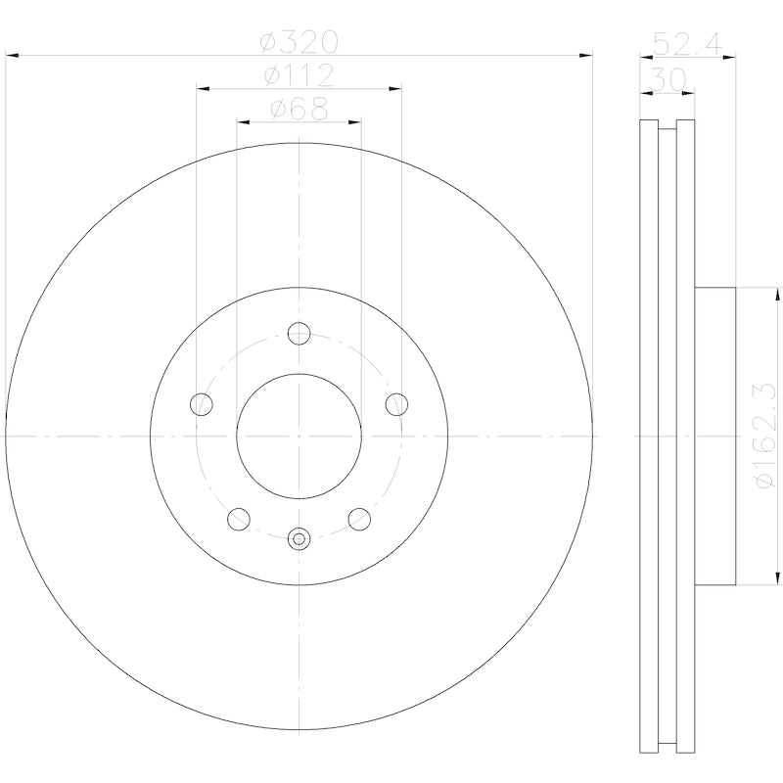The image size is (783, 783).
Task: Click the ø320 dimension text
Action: point(299,42)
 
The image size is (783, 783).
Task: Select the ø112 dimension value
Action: point(299,75)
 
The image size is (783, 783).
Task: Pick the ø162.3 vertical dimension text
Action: point(766,437)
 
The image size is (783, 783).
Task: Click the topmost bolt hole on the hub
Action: point(299,333)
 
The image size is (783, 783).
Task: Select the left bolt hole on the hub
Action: point(201,403)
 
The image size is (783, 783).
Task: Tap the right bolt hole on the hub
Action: point(397,403)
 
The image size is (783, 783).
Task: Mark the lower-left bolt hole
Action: point(238,519)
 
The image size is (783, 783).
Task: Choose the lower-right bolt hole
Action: point(360,519)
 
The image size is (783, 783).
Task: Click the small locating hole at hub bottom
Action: point(299,536)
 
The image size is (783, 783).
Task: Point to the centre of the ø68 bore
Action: point(299,435)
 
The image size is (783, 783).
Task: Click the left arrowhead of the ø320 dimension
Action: point(12,56)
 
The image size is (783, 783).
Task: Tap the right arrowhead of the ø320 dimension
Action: point(587,56)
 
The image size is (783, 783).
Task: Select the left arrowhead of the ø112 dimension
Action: point(202,89)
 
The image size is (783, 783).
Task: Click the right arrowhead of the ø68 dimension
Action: point(355,122)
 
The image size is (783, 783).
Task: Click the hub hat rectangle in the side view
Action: point(714,436)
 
